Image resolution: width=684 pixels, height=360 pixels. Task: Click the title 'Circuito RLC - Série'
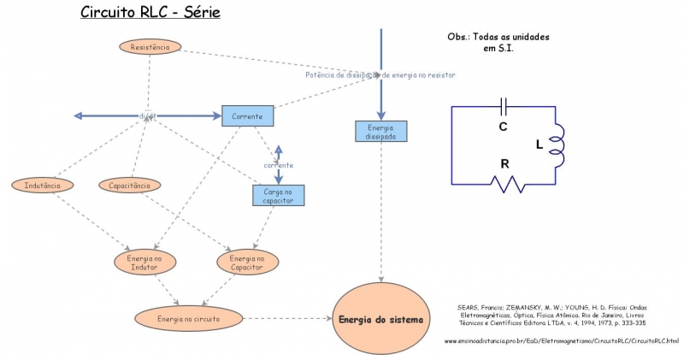tap(150, 13)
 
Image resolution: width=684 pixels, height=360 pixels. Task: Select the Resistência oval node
tap(150, 47)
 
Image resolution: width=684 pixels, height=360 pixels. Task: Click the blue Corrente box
tap(248, 115)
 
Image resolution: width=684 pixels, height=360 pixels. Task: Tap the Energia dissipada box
tap(380, 131)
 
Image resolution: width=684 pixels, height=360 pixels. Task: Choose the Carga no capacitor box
tap(279, 196)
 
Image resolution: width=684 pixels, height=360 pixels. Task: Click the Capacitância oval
tap(129, 185)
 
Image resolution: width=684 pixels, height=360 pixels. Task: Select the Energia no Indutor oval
tap(144, 263)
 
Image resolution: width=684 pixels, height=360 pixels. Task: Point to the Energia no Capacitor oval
tap(248, 263)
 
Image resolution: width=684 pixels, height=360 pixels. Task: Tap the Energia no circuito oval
tap(189, 319)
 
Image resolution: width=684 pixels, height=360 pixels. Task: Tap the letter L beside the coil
tap(539, 145)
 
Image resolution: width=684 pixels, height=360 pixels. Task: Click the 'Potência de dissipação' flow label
tap(380, 75)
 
